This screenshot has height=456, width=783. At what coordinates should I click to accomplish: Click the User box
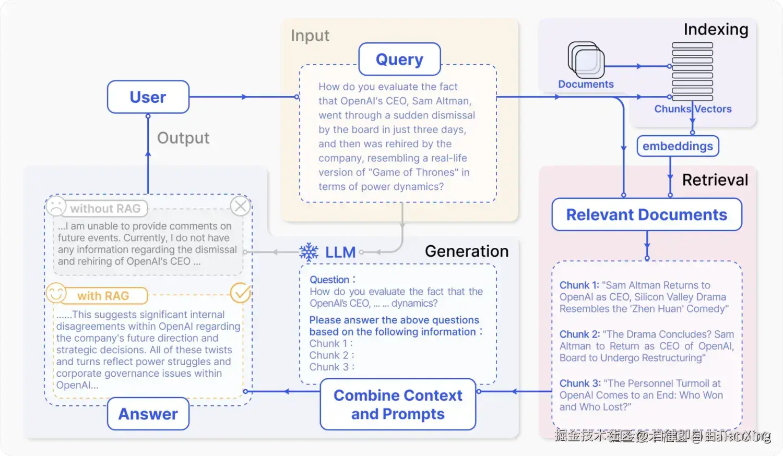click(148, 97)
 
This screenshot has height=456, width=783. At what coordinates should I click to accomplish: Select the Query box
click(399, 59)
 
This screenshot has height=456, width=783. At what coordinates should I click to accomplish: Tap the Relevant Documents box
click(646, 214)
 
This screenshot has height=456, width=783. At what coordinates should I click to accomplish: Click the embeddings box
click(678, 146)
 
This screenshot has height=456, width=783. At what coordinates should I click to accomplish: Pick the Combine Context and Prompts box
click(398, 404)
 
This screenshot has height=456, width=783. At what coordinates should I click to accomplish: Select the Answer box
click(148, 414)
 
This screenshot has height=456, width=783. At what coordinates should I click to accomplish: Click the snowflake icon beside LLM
click(309, 252)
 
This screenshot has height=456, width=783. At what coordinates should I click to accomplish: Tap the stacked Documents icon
click(586, 60)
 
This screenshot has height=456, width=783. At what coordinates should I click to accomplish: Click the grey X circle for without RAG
click(241, 206)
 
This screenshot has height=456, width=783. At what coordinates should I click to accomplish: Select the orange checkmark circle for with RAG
click(241, 293)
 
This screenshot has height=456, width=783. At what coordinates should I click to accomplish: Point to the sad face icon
click(56, 206)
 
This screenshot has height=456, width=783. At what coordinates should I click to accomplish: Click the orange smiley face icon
click(56, 293)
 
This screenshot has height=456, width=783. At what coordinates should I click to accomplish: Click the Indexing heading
click(716, 30)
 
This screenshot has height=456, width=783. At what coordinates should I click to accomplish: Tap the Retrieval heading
click(715, 180)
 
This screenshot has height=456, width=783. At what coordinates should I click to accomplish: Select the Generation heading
click(466, 251)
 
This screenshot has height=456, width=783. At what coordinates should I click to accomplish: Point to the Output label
click(183, 138)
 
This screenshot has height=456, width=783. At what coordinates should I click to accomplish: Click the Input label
click(310, 35)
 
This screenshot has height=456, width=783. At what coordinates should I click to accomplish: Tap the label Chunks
click(672, 109)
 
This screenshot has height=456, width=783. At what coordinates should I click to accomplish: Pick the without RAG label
click(105, 209)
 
